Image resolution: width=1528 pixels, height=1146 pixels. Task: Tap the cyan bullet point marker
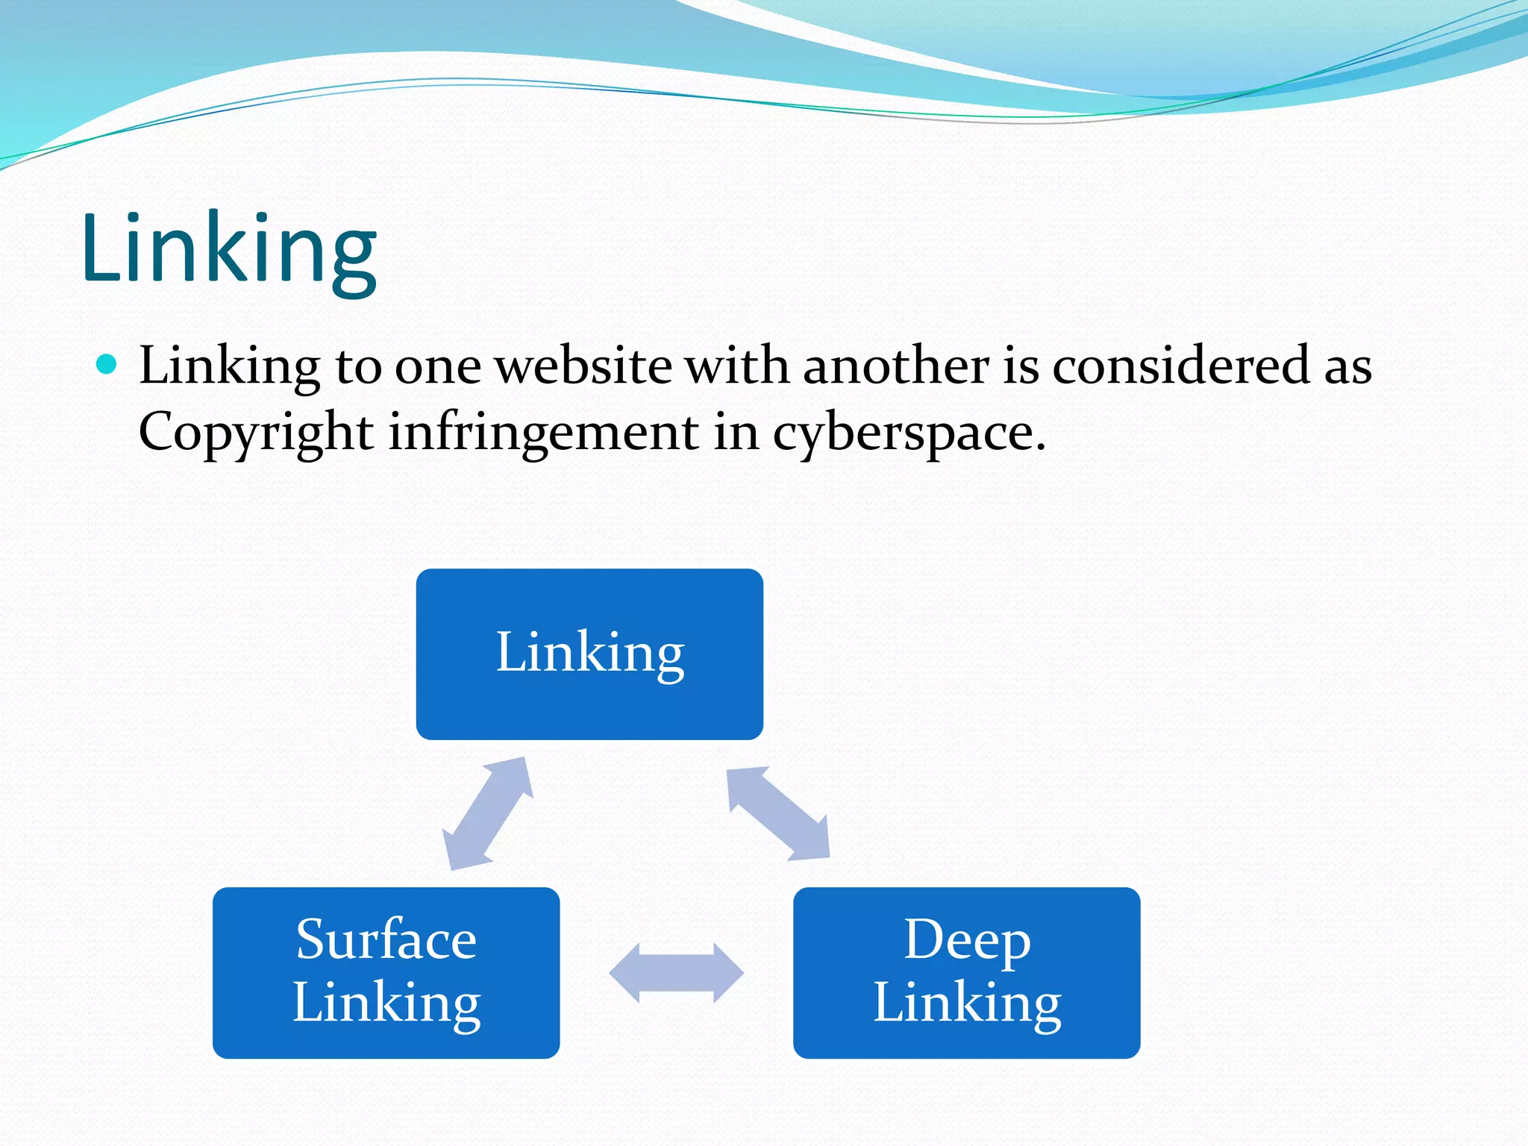107,365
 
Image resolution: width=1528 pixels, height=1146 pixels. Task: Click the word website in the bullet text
583,366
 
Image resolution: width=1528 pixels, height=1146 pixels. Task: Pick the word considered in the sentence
1180,366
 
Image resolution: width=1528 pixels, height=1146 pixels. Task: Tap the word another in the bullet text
896,366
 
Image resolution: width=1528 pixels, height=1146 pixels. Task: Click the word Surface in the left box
386,939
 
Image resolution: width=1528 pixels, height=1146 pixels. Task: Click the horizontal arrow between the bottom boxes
676,973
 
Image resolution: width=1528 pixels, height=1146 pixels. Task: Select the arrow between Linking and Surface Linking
488,813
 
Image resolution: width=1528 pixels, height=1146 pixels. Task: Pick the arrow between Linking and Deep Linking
778,813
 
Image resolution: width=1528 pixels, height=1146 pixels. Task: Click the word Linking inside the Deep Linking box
967,1003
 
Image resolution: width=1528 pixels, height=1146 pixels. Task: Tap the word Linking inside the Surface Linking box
386,1003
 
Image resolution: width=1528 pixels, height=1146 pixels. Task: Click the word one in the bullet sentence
437,368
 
